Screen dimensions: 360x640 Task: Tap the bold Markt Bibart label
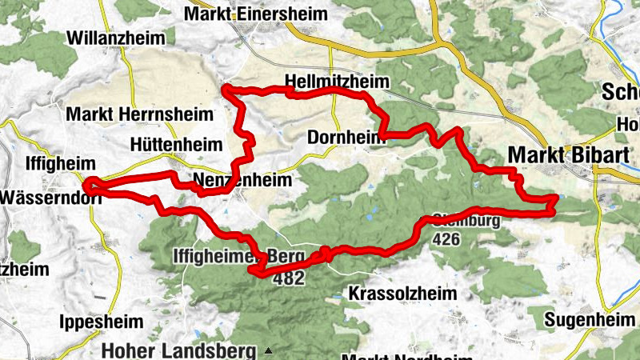coord(566,154)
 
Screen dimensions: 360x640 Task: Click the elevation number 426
coord(446,238)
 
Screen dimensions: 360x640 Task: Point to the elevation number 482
coord(289,278)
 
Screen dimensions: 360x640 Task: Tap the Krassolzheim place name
coord(402,294)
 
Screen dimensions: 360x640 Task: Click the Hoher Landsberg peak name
coord(181,350)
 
